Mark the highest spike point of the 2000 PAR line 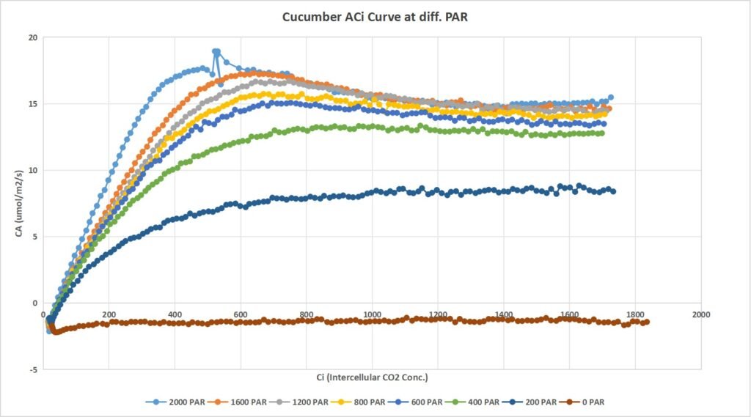point(216,51)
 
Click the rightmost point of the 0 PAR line point(646,322)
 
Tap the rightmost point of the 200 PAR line point(613,191)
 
